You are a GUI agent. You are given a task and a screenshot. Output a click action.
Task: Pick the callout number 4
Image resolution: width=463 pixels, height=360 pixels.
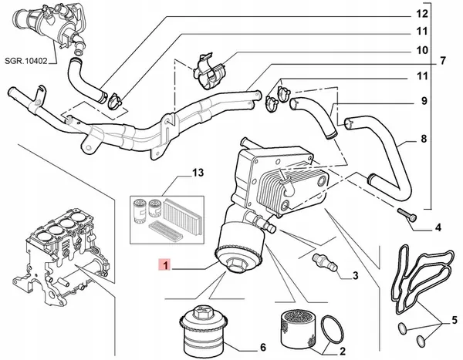pyautogui.click(x=438, y=227)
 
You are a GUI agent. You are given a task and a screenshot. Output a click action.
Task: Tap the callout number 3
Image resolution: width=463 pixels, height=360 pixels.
pyautogui.click(x=356, y=275)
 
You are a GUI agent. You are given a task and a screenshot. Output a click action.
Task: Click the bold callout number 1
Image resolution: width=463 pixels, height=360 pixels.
pyautogui.click(x=174, y=266)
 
